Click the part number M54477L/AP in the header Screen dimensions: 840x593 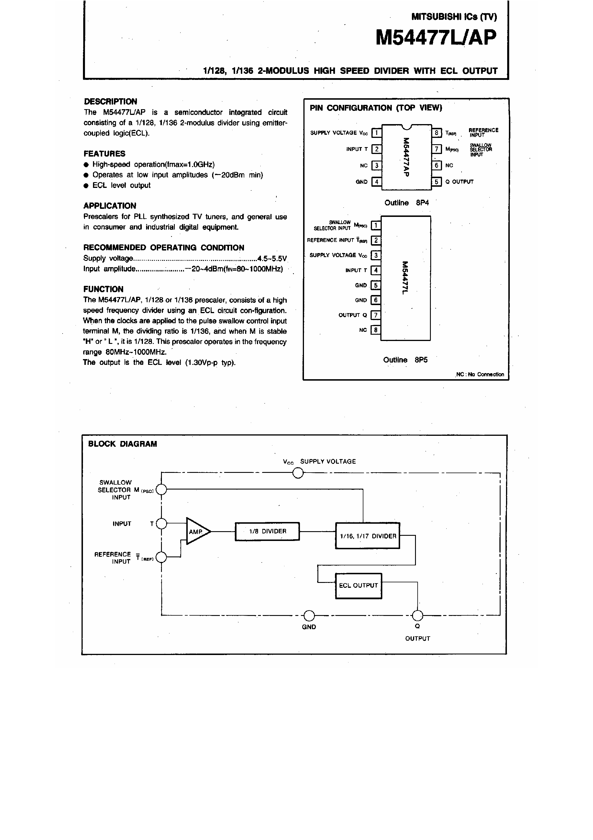(436, 38)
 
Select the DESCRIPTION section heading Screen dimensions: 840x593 (111, 101)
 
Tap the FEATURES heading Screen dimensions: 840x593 (104, 154)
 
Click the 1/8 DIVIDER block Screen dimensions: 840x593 (267, 531)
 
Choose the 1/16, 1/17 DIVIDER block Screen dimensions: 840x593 (367, 535)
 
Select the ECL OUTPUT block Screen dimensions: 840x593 (358, 585)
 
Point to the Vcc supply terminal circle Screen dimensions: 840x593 (298, 473)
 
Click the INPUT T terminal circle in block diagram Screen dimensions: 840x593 (161, 524)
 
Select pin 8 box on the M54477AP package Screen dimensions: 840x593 (437, 133)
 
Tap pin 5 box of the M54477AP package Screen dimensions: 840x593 (437, 182)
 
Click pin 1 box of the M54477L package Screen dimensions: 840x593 (376, 225)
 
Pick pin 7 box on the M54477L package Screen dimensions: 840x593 (376, 315)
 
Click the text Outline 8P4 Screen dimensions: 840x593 (406, 203)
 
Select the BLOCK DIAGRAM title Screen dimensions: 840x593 (123, 444)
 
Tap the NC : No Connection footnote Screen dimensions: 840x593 (480, 374)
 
